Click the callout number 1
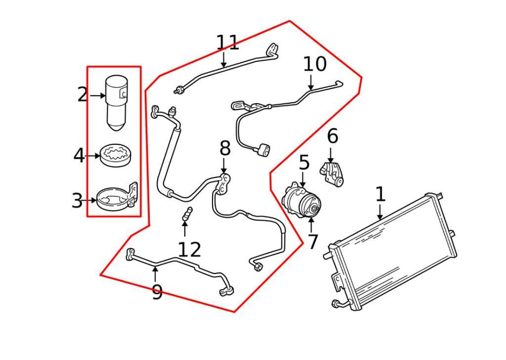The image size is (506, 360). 380,194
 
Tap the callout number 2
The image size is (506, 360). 83,94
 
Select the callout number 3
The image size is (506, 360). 77,201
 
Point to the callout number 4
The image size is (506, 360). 79,156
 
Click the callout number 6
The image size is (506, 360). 333,136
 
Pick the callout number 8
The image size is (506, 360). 225,148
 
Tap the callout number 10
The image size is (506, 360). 315,64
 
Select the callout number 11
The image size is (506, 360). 227,43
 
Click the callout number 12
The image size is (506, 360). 189,250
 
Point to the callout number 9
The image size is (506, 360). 157,292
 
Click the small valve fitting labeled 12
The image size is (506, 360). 187,214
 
